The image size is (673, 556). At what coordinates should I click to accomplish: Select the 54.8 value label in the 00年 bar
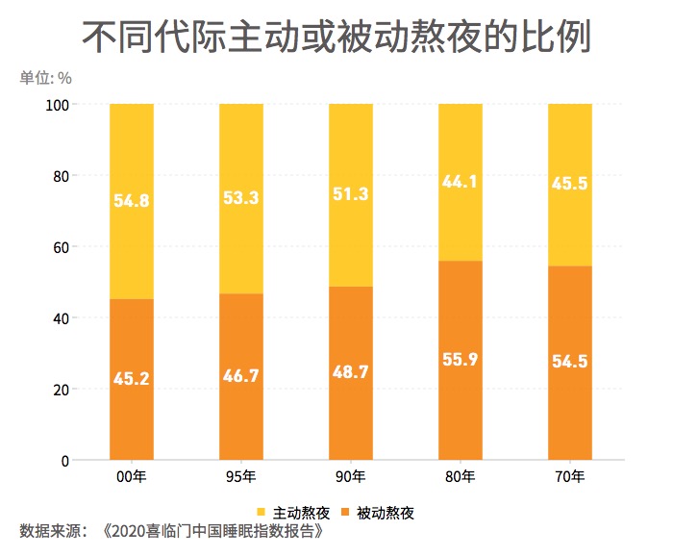pos(132,201)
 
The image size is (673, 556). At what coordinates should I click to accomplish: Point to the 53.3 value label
pos(241,199)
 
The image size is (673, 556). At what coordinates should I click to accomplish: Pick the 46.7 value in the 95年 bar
pos(241,376)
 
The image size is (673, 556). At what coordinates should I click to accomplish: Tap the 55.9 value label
pos(461,361)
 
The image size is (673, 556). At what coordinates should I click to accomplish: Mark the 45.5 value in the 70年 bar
pos(570,183)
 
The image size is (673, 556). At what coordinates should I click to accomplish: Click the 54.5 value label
pos(570,363)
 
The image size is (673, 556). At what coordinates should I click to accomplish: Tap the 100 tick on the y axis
pos(58,104)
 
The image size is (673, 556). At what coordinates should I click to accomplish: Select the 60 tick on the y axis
pos(61,247)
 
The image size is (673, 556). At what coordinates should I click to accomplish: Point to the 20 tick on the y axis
pos(61,390)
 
